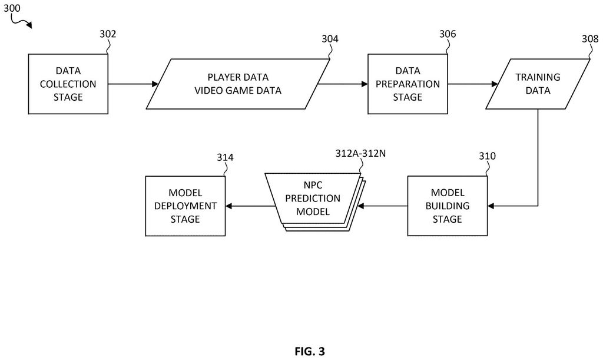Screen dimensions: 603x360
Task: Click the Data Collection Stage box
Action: (x=68, y=84)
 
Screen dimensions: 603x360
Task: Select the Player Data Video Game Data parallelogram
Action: (x=238, y=84)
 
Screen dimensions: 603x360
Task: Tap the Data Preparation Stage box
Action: (x=407, y=84)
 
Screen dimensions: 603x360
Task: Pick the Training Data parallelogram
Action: (x=538, y=84)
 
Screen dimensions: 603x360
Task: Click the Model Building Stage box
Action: (x=448, y=206)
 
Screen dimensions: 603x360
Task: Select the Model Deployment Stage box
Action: (x=185, y=206)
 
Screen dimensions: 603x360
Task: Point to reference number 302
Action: (x=108, y=34)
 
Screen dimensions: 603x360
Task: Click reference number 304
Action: (x=330, y=39)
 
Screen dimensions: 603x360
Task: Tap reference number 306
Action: (x=448, y=34)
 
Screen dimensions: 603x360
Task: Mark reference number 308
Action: (x=590, y=39)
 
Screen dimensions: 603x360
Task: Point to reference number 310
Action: (x=487, y=156)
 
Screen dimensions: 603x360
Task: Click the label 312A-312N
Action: (x=360, y=153)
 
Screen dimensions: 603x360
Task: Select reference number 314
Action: (x=225, y=157)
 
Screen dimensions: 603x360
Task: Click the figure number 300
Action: (x=12, y=8)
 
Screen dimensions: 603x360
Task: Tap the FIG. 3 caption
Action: (x=310, y=351)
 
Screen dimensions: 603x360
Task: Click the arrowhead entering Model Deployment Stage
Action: (x=228, y=206)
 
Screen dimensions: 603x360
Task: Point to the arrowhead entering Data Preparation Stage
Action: (x=365, y=84)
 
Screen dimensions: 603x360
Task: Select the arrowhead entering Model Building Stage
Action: (x=491, y=206)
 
